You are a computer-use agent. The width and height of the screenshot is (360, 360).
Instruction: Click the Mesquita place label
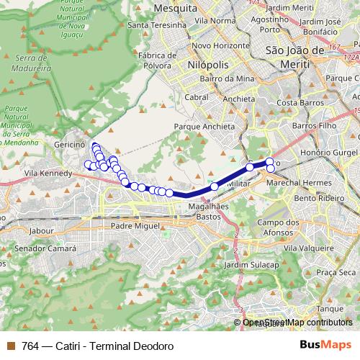tap(176, 8)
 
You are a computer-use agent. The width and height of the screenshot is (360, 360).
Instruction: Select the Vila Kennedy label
tap(48, 174)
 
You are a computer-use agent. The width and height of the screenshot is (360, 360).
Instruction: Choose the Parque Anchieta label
tap(204, 126)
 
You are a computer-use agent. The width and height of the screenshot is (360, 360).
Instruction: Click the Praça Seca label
tap(337, 272)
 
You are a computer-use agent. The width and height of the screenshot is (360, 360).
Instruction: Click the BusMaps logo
tap(323, 345)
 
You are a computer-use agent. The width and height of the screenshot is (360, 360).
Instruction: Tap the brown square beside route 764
tap(9, 346)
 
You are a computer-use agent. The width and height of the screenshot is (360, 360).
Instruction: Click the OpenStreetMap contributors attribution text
tap(297, 323)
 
